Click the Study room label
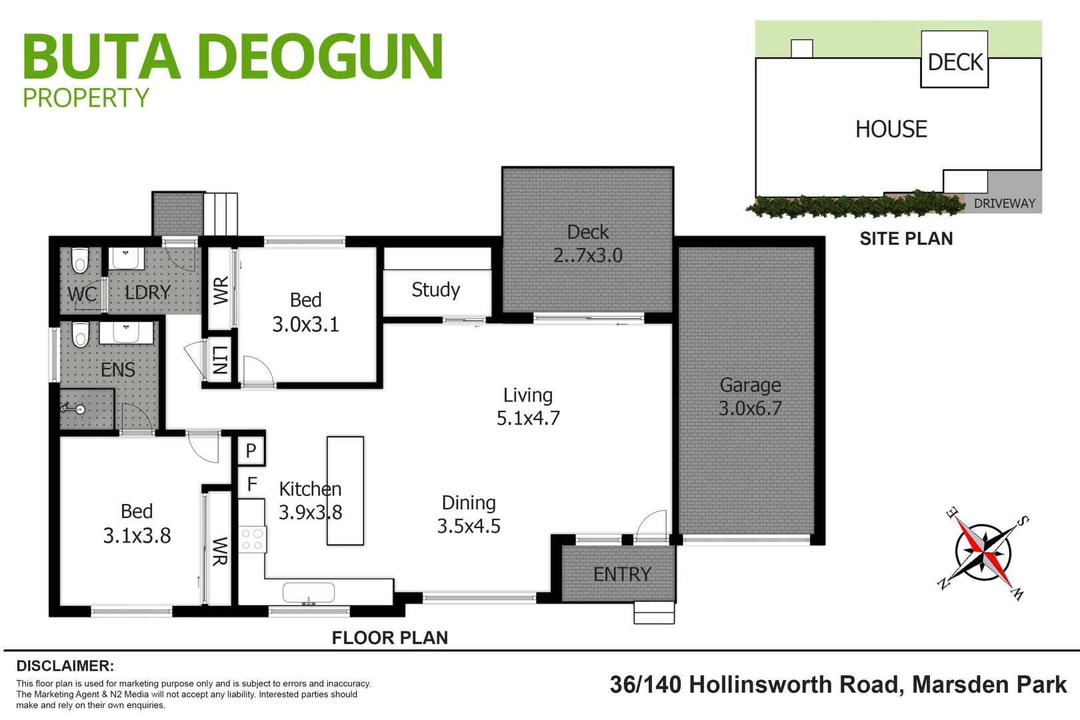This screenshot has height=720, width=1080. point(435,290)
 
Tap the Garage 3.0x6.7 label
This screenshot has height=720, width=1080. point(750,397)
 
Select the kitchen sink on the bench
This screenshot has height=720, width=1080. point(308,592)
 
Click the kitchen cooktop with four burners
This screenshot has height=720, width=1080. point(252,539)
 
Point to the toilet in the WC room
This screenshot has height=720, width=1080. point(80,261)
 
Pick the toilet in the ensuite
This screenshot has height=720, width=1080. point(80,334)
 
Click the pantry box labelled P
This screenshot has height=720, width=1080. point(251,451)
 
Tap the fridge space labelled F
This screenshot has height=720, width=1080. point(252,484)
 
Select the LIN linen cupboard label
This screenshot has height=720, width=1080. point(220,361)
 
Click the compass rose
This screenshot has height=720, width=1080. point(983,553)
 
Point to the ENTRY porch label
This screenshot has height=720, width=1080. point(622,574)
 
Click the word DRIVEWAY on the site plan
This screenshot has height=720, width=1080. point(1004,203)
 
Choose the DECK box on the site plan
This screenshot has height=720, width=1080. point(955,62)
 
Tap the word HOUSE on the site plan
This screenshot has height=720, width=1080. point(891,129)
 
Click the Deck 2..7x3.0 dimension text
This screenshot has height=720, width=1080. point(588,255)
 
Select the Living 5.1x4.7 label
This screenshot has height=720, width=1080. point(528,407)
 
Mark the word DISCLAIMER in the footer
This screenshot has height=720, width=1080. point(65,666)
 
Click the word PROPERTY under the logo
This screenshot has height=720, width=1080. point(86,99)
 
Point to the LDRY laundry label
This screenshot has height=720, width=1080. point(148,293)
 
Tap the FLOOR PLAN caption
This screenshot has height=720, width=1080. point(389,638)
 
